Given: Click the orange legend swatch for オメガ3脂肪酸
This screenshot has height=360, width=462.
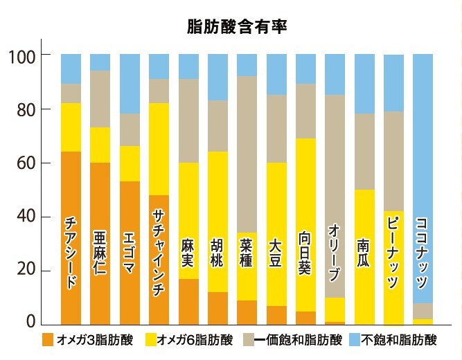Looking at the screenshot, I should click(48, 340).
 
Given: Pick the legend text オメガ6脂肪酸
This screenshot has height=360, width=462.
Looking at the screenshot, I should click(186, 340).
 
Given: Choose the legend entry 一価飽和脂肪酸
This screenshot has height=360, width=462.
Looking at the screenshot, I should click(298, 340).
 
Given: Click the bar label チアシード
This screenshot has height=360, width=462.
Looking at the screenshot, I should click(70, 253).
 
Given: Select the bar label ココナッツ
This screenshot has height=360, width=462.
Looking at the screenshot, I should click(423, 253).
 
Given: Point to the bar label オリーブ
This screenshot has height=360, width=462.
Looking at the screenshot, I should click(335, 253).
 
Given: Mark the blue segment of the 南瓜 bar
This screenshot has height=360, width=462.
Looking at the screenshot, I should click(364, 83).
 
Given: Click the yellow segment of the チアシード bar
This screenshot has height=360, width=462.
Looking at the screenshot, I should click(70, 127).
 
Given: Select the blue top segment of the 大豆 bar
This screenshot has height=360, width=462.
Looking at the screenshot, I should click(276, 74).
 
